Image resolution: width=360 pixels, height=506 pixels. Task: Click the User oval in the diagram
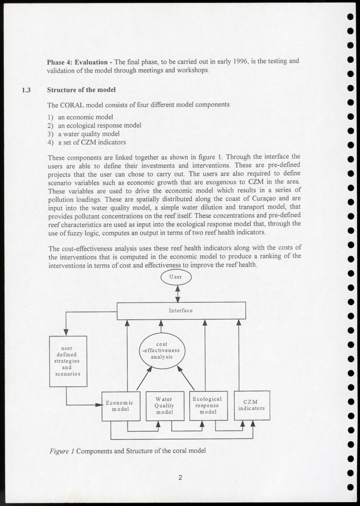(176, 277)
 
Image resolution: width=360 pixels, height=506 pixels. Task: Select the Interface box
(181, 311)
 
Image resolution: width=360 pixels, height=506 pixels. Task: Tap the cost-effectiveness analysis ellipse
(162, 350)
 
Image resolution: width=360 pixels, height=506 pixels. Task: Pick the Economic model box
(121, 406)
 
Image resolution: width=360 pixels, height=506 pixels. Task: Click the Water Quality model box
(165, 406)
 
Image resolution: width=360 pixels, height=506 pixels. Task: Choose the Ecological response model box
(208, 406)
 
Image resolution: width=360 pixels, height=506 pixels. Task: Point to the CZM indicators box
(252, 406)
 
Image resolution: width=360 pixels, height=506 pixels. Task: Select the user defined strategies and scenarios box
(68, 361)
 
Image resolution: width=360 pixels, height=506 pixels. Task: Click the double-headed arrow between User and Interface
(177, 294)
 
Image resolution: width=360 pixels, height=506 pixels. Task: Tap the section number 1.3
(26, 90)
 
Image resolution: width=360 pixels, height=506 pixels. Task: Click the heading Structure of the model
(81, 90)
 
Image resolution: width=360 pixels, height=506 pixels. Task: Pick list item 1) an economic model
(80, 117)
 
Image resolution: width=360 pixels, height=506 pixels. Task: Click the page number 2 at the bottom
(180, 478)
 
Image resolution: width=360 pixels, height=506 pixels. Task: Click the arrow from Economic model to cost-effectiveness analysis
(144, 378)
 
